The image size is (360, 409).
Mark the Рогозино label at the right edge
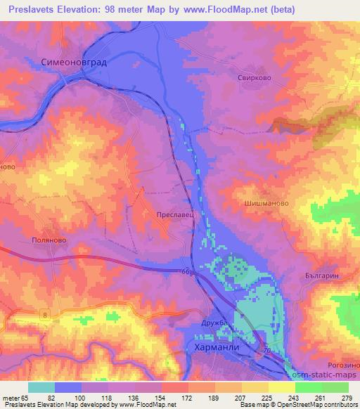click(x=344, y=364)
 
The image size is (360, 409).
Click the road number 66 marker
click(x=186, y=271)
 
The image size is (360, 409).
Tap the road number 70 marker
click(x=266, y=349)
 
